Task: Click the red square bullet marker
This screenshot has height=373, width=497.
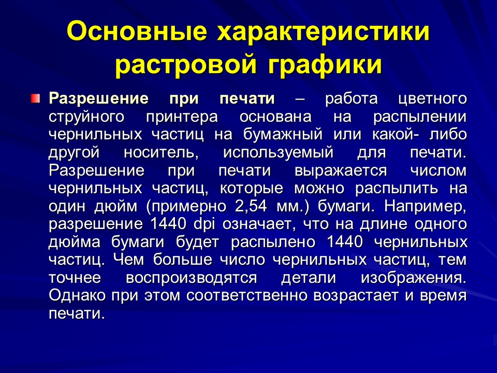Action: [34, 98]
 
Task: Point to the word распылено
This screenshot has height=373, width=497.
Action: [274, 242]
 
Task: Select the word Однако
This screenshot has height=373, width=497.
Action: [76, 296]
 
